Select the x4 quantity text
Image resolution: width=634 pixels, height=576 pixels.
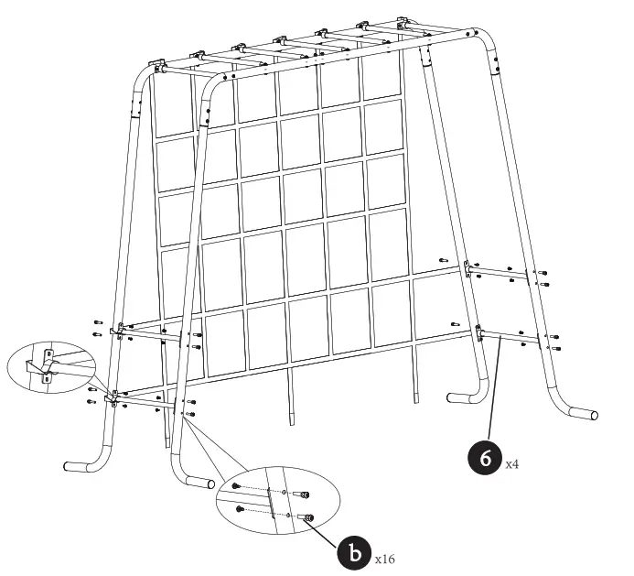tap(513, 464)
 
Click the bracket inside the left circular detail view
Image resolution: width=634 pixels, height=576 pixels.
tap(46, 364)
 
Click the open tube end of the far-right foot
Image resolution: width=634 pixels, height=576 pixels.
tap(595, 415)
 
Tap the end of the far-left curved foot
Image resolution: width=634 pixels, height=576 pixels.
tap(69, 465)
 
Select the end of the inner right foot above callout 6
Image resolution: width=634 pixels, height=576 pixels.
tap(450, 397)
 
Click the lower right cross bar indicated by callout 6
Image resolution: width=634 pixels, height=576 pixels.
tap(512, 337)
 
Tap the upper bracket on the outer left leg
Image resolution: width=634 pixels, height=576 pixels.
tap(117, 331)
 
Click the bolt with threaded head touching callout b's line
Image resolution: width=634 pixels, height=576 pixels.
tap(308, 518)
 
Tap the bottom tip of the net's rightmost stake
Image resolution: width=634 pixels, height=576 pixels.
tap(418, 400)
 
